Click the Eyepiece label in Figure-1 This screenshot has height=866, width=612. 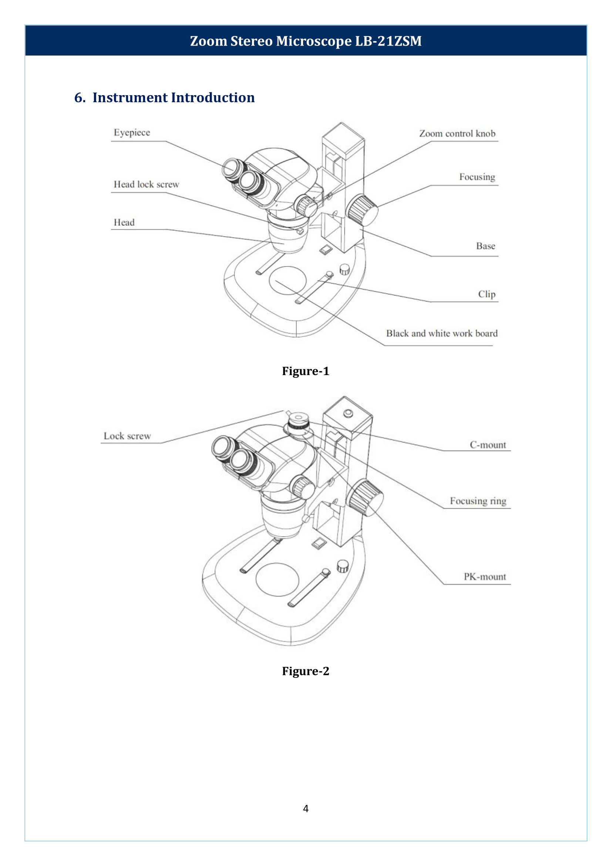point(132,133)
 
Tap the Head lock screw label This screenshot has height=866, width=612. point(146,184)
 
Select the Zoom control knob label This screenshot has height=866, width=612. point(457,134)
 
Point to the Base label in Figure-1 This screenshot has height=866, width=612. point(485,246)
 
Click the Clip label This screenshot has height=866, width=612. point(487,294)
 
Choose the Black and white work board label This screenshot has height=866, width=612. point(442,334)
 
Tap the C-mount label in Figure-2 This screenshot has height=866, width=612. point(488,445)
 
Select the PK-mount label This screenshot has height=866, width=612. point(485,577)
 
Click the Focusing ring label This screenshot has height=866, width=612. point(478,501)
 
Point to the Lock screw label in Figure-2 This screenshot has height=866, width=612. point(127,436)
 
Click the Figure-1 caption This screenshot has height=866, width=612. point(306,371)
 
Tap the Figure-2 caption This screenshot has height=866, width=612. point(306,671)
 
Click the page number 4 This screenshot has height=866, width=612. point(306,808)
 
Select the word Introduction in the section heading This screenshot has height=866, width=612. point(213,97)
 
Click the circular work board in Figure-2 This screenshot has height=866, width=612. point(278,579)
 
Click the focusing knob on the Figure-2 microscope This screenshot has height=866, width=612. point(365,497)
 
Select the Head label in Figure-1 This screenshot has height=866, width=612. point(124,223)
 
